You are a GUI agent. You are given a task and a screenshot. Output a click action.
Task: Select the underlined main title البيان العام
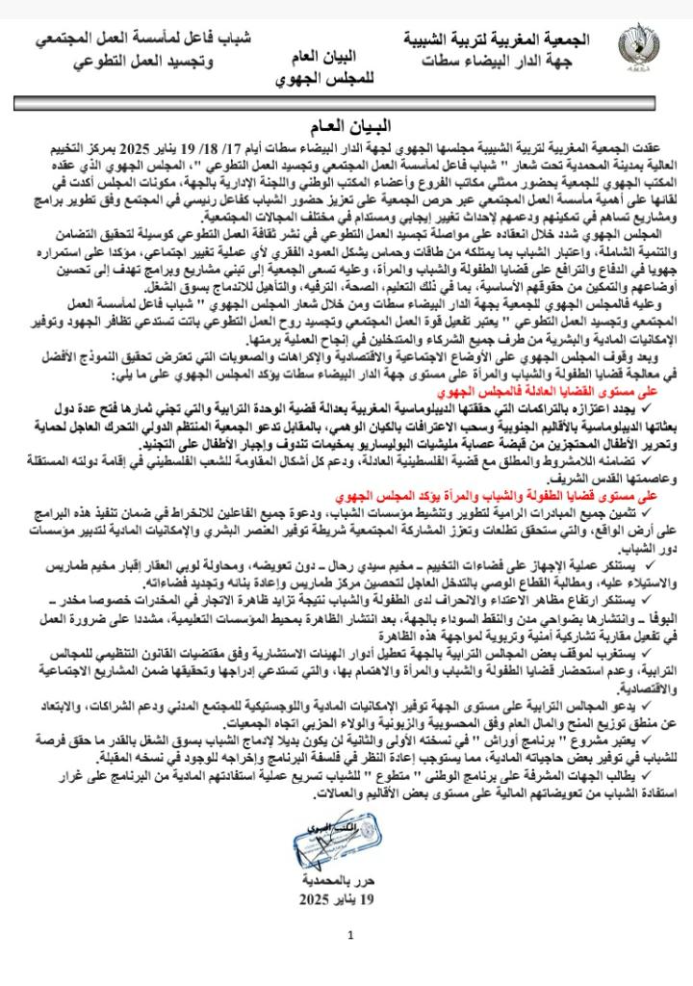tap(349, 125)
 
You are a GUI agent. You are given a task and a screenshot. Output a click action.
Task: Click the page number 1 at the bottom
tap(350, 934)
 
